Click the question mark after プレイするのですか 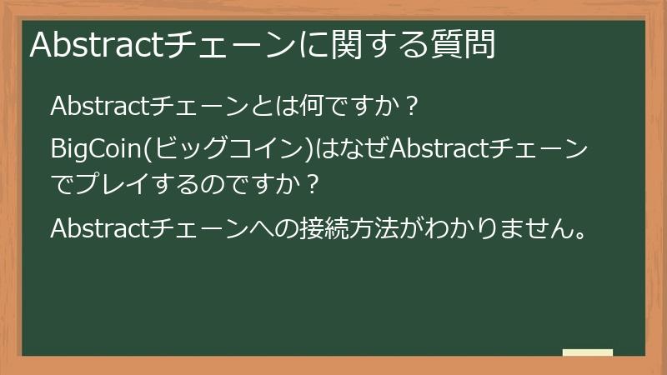click(x=313, y=185)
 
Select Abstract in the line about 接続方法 click(x=98, y=227)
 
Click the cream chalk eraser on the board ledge click(x=588, y=352)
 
